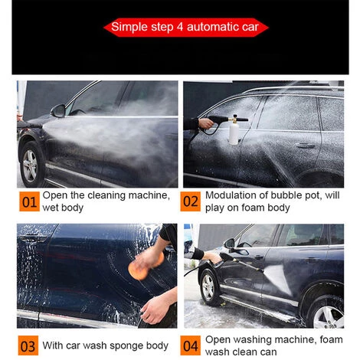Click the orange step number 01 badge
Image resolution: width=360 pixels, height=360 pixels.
click(x=29, y=201)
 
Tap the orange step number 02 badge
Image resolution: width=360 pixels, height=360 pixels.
click(x=191, y=201)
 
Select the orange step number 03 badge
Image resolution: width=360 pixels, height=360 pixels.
click(x=28, y=345)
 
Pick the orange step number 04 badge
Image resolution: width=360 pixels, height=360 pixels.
click(x=191, y=345)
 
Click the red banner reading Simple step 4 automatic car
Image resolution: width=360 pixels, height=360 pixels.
click(x=185, y=28)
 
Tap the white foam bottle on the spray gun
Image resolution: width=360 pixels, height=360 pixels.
click(x=234, y=133)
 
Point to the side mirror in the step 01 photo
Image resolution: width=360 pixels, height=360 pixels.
click(x=58, y=111)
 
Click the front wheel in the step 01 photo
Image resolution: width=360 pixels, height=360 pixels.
click(x=31, y=165)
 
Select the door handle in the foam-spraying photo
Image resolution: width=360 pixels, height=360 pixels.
click(x=305, y=146)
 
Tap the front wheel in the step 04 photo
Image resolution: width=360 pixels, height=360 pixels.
click(x=208, y=286)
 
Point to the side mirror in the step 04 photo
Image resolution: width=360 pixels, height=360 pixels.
click(x=230, y=244)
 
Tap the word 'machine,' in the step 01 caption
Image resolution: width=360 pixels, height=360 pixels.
click(x=149, y=195)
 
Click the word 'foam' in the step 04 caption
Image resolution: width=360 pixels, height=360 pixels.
click(x=331, y=339)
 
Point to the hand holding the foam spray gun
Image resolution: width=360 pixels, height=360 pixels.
click(x=205, y=123)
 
